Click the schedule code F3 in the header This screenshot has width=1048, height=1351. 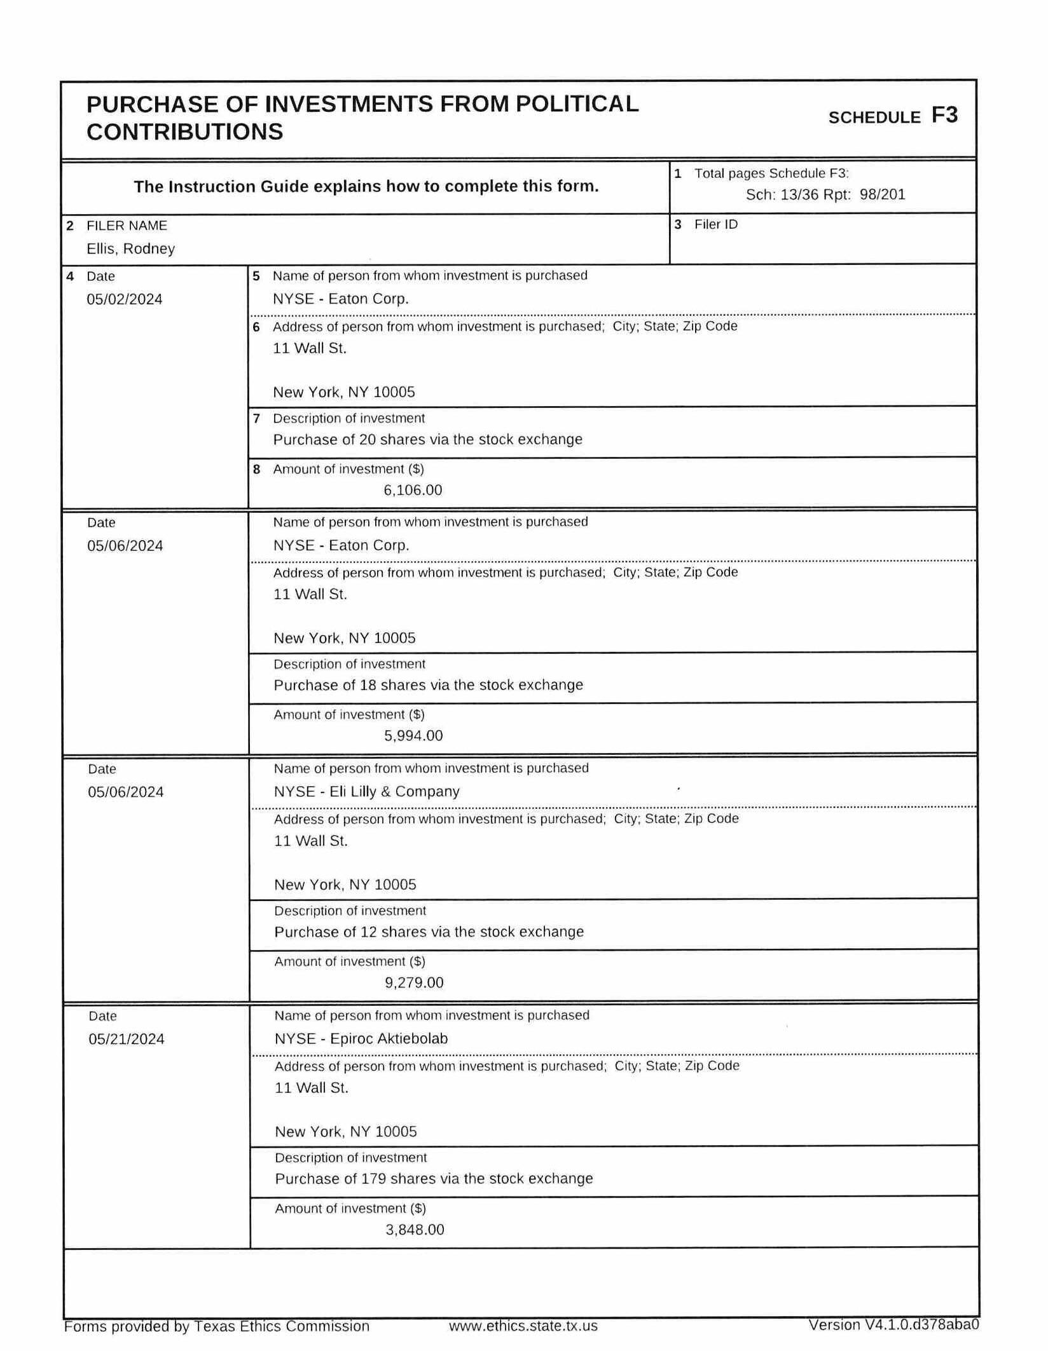pyautogui.click(x=944, y=115)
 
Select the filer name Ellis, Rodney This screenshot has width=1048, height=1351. pyautogui.click(x=130, y=248)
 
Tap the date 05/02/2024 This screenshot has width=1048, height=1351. pyautogui.click(x=125, y=299)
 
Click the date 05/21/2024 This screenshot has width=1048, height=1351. pyautogui.click(x=127, y=1039)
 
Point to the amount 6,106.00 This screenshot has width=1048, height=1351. pyautogui.click(x=413, y=490)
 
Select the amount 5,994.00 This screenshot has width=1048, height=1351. pyautogui.click(x=413, y=736)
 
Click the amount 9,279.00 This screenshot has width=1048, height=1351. pyautogui.click(x=414, y=982)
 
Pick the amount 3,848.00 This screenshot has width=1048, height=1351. pyautogui.click(x=415, y=1230)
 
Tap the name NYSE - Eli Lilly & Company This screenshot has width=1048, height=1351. pyautogui.click(x=366, y=791)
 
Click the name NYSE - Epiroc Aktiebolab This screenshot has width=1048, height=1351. pyautogui.click(x=361, y=1038)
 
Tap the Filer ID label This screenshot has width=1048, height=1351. pyautogui.click(x=715, y=224)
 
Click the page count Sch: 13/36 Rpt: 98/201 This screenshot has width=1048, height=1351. pyautogui.click(x=825, y=194)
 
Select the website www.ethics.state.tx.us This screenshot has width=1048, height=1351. pyautogui.click(x=523, y=1326)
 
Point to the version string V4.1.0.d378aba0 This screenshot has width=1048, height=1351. pyautogui.click(x=921, y=1325)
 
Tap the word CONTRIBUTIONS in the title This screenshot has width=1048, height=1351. pyautogui.click(x=184, y=132)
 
